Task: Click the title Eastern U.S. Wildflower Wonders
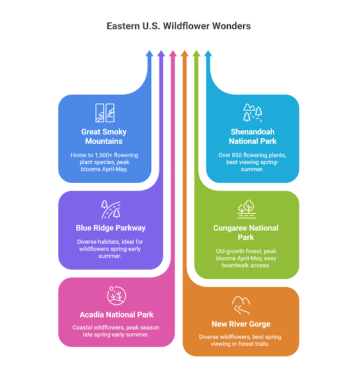click(x=179, y=26)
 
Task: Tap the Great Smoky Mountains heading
click(x=104, y=136)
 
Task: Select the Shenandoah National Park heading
click(x=253, y=136)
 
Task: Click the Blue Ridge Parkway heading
click(x=111, y=228)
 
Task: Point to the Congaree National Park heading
click(x=246, y=233)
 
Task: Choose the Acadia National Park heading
click(x=116, y=315)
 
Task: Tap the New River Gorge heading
click(x=240, y=324)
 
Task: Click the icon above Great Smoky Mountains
click(x=104, y=112)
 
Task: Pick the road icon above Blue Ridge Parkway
click(x=111, y=209)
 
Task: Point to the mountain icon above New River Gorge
click(x=240, y=304)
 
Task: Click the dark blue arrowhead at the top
click(x=149, y=54)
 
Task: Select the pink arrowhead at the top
click(x=173, y=54)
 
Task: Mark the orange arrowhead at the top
click(x=185, y=54)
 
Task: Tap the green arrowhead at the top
click(x=196, y=54)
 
